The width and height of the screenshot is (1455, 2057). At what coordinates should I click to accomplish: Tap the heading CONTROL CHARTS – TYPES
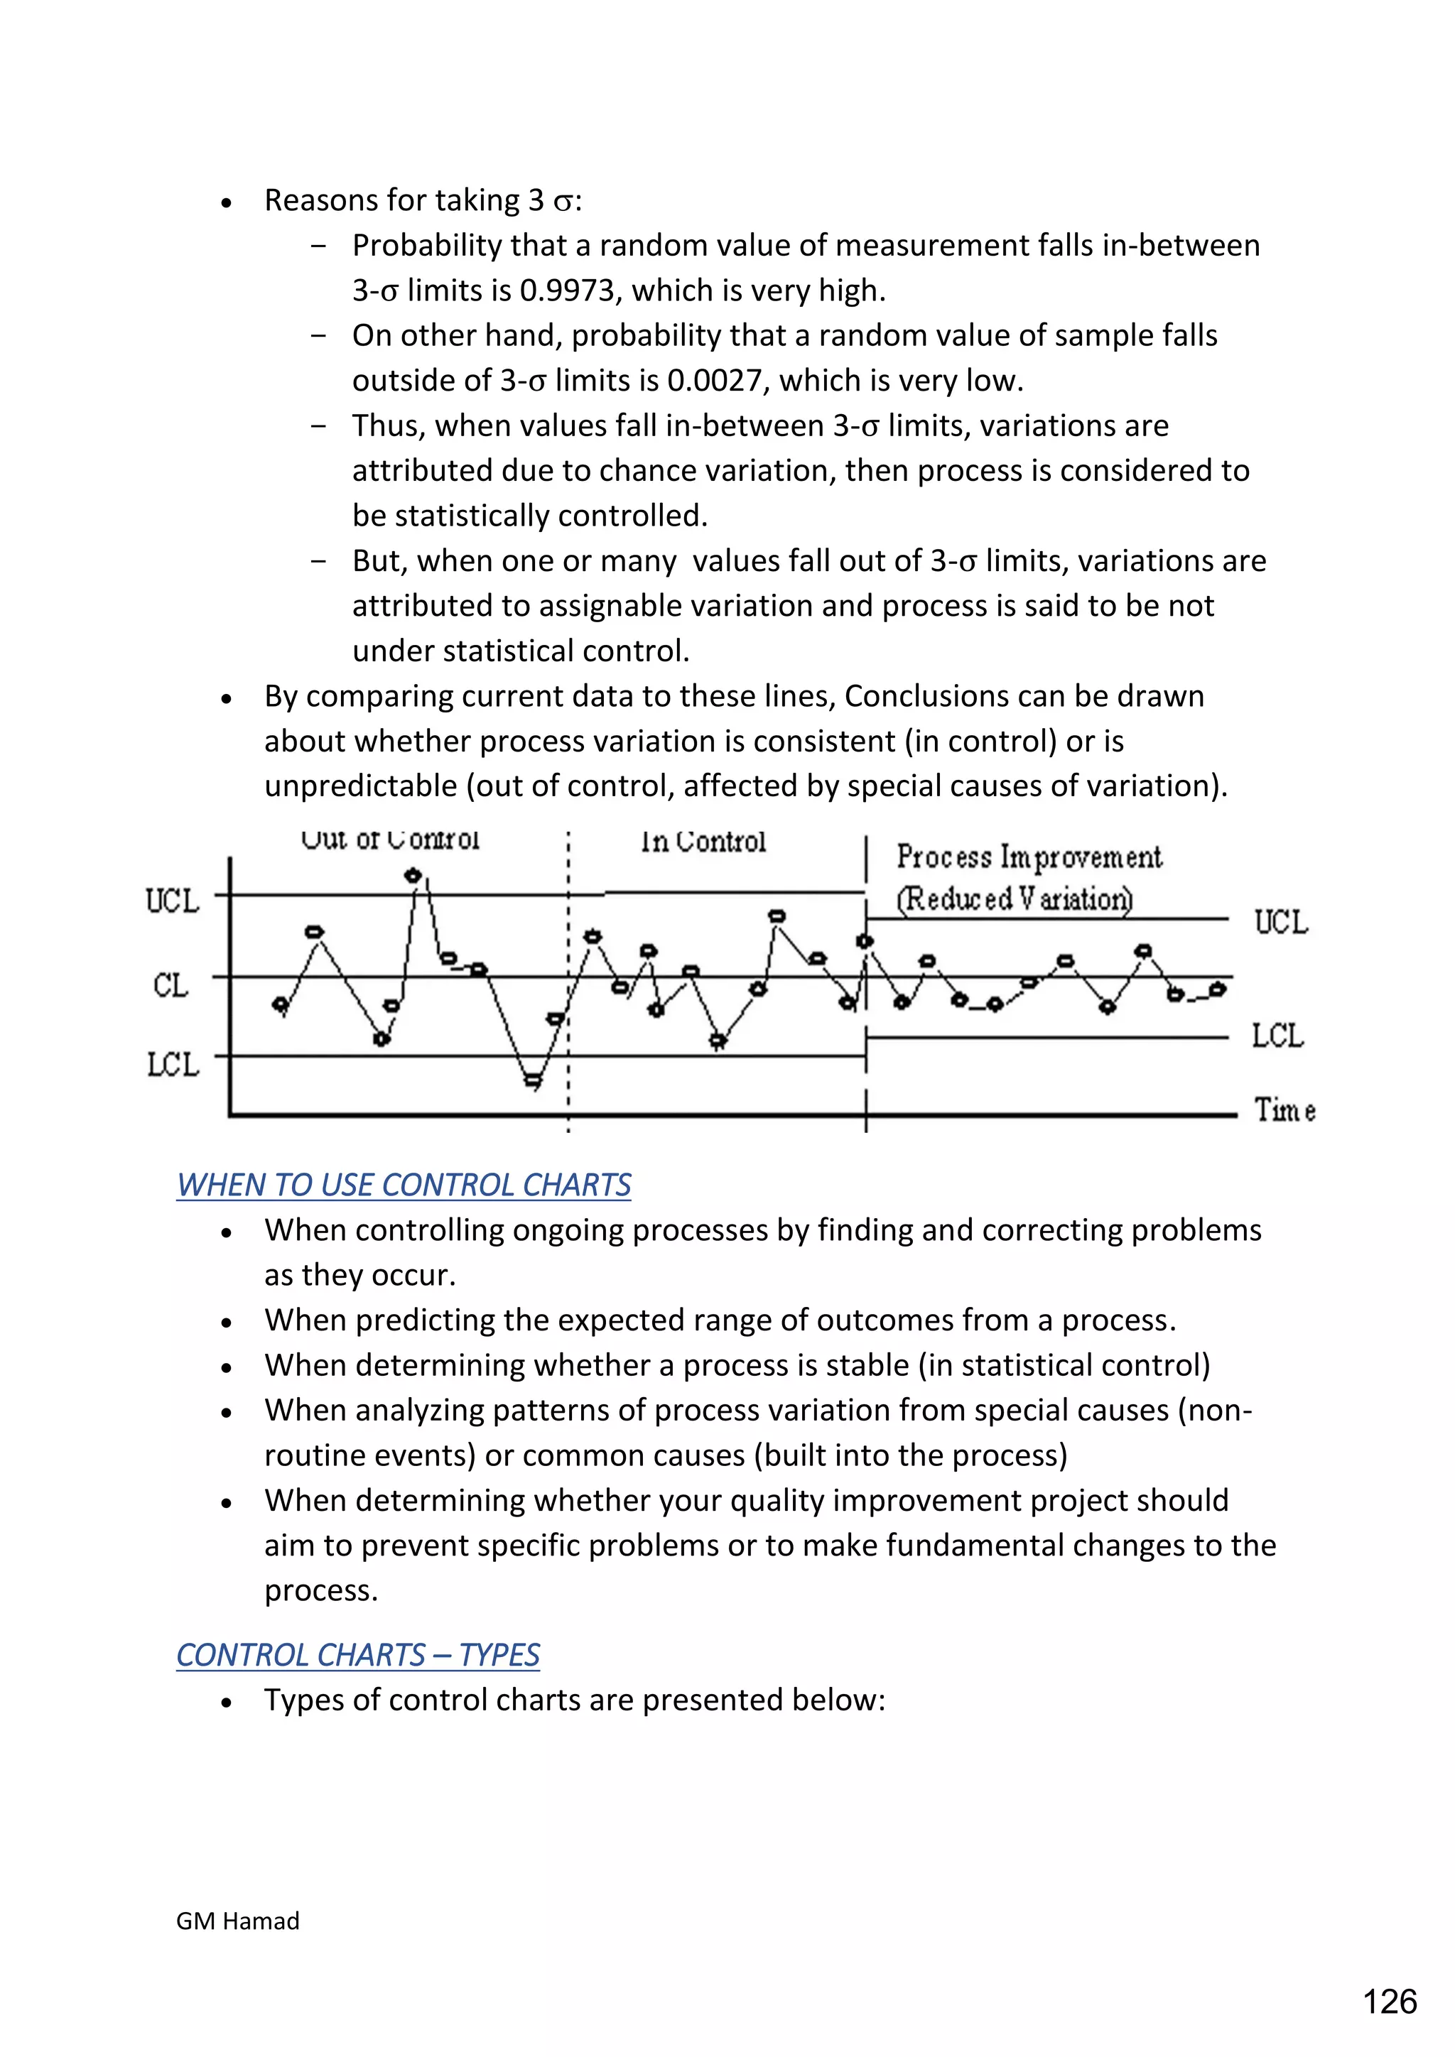tap(357, 1655)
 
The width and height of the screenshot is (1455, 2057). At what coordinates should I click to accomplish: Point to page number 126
tap(1389, 2002)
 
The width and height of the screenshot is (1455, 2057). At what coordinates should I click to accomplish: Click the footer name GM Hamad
tap(237, 1921)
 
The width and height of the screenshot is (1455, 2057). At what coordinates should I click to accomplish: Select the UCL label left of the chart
tap(172, 901)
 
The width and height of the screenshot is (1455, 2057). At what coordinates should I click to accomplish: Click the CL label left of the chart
tap(171, 984)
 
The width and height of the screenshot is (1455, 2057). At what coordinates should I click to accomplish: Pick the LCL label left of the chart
tap(172, 1064)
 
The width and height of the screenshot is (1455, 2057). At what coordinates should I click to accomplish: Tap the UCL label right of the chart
tap(1280, 922)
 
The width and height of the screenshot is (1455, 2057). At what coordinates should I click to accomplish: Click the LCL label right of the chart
tap(1277, 1036)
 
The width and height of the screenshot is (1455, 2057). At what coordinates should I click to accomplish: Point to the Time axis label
tap(1284, 1110)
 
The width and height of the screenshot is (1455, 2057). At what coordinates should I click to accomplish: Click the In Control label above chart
tap(703, 842)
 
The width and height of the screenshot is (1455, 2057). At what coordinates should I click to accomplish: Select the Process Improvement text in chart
tap(1029, 857)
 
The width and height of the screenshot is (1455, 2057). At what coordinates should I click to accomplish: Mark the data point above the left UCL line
tap(413, 874)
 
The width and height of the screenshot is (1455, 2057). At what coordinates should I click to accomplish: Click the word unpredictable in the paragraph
tap(360, 786)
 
